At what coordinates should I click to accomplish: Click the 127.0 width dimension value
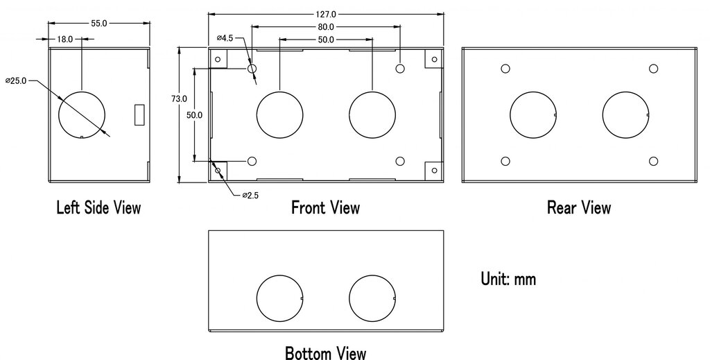coord(326,15)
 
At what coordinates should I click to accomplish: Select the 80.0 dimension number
coord(326,27)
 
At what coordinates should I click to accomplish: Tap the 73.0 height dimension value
coord(179,98)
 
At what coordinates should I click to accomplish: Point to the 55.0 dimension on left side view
coord(98,24)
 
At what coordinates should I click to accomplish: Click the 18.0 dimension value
coord(64,40)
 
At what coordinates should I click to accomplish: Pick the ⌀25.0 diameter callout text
coord(16,81)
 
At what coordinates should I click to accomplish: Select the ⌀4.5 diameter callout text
coord(225,38)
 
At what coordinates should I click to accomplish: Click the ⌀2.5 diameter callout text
coord(250,196)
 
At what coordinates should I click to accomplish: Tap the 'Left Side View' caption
coord(98,207)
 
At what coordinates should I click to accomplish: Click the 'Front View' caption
coord(326,207)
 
